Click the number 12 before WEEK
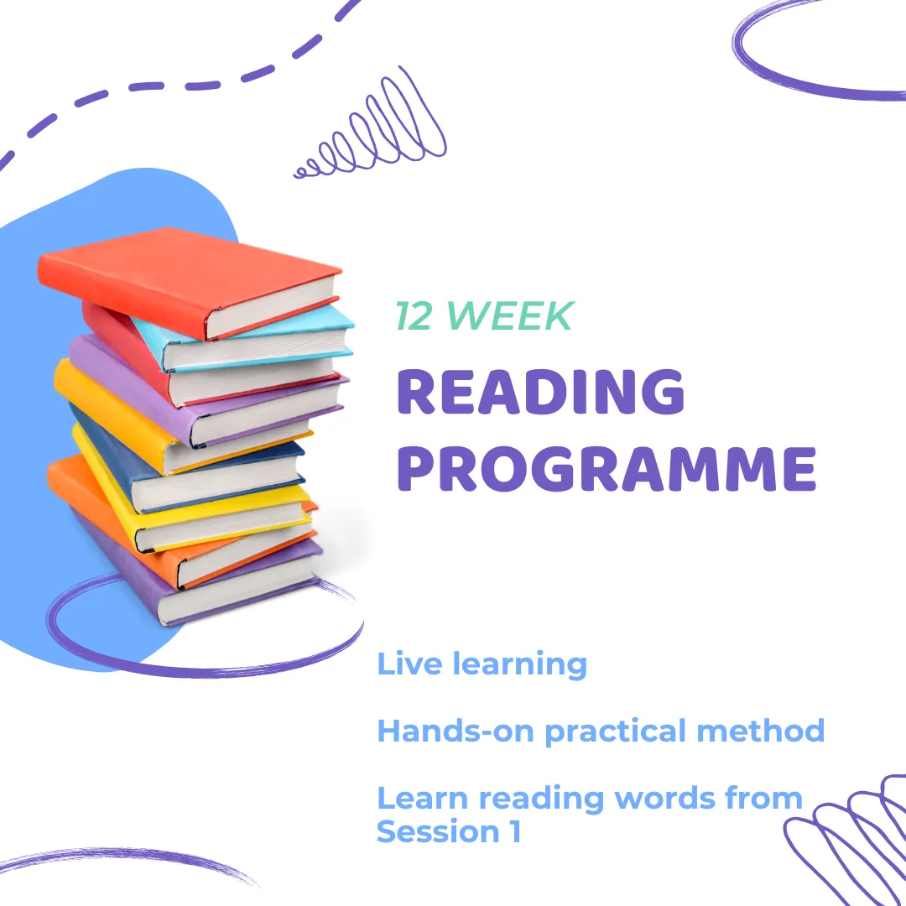point(414,316)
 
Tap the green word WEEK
point(510,316)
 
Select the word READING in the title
point(541,392)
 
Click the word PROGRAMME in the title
point(607,469)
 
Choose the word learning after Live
point(520,665)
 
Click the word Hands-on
point(456,731)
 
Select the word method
point(760,731)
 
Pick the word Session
point(438,832)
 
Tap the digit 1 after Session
point(515,832)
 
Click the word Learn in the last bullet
point(422,798)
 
